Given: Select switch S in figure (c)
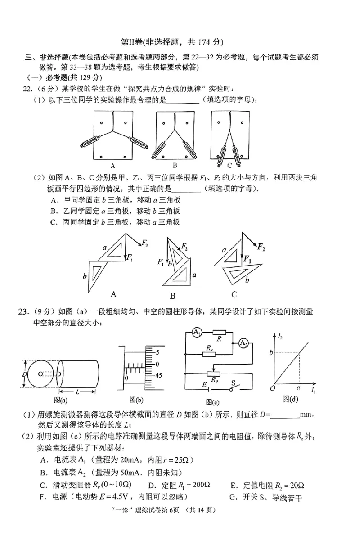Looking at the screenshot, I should coord(233,388).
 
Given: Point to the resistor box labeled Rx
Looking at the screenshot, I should coord(209,354).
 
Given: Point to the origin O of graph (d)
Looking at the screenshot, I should coord(272,388).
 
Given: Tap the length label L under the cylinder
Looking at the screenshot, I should coord(78,392).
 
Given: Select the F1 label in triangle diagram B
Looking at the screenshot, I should coord(161,261).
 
